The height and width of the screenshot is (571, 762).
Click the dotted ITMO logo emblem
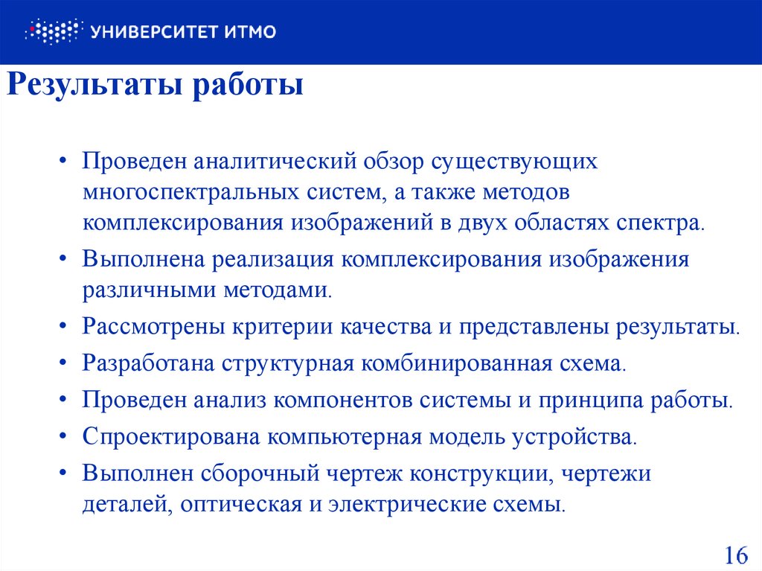coord(51,31)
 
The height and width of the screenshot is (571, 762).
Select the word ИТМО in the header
coord(249,31)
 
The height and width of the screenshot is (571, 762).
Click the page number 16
coord(734,555)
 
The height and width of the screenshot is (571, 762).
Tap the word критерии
coord(284,326)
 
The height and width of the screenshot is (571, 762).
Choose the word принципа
coord(595,400)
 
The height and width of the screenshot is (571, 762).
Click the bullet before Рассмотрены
coord(65,327)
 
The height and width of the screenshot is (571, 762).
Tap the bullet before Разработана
coord(65,364)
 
